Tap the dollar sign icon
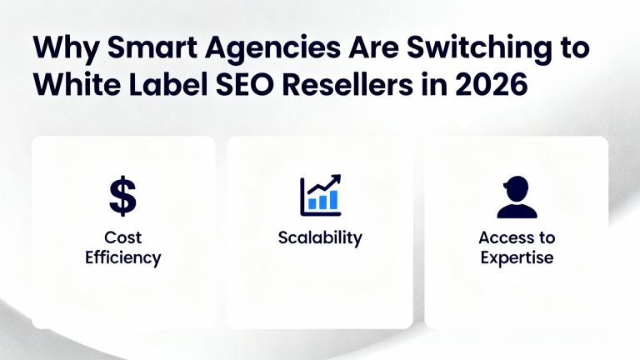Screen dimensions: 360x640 click(x=123, y=196)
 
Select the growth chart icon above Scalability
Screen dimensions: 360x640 click(x=320, y=195)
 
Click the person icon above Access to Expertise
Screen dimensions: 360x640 click(x=517, y=197)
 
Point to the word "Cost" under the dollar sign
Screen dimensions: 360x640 click(x=123, y=237)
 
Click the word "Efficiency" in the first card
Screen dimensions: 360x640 click(x=123, y=257)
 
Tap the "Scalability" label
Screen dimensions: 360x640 click(x=320, y=237)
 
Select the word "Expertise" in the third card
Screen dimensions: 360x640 click(x=517, y=257)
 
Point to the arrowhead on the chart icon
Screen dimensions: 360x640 click(x=337, y=178)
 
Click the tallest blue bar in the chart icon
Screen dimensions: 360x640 click(x=333, y=199)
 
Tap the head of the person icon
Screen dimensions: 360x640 click(x=517, y=187)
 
